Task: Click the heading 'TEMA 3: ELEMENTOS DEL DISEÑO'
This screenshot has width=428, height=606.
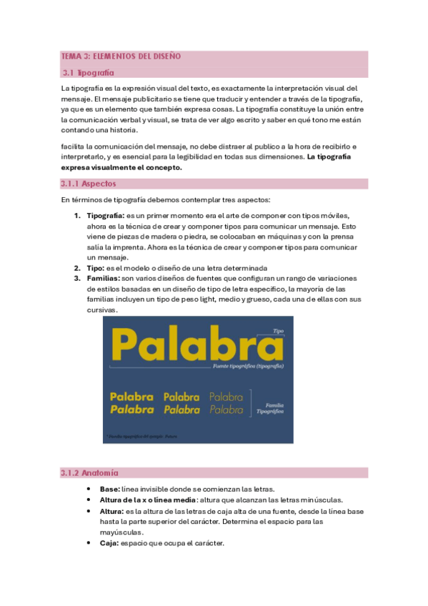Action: tap(121, 56)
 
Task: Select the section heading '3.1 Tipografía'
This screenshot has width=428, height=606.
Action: tap(88, 72)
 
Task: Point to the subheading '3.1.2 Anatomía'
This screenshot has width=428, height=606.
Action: tap(90, 473)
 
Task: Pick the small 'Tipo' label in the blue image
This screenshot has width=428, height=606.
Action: tap(279, 331)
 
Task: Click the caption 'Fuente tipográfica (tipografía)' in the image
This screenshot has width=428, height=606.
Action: tap(249, 366)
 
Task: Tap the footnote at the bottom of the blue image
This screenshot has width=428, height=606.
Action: tap(140, 435)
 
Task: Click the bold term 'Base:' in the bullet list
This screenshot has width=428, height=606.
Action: tap(110, 489)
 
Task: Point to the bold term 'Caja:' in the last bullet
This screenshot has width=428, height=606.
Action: tap(110, 543)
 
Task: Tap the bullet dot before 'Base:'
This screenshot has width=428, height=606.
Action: tap(88, 489)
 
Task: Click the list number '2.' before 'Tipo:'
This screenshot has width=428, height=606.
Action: tap(79, 268)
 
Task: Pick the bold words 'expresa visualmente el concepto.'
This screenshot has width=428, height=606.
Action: tap(122, 167)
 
